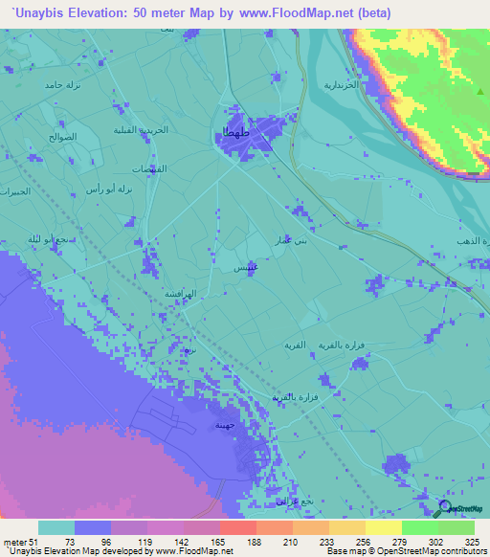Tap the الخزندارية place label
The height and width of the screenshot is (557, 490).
pos(342,86)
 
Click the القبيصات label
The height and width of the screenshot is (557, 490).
pos(148,168)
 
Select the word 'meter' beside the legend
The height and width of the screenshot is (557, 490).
pos(16,541)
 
